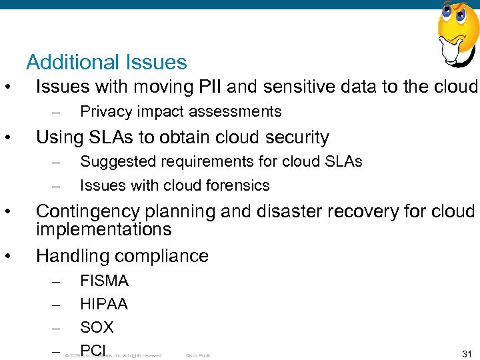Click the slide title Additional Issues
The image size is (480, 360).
[x=107, y=63]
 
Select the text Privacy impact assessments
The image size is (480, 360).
[x=181, y=111]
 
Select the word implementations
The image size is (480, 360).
[x=103, y=230]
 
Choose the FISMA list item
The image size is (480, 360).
[x=104, y=281]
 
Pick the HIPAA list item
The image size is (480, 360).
[x=104, y=305]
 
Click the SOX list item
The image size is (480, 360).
[x=97, y=327]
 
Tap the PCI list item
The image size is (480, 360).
[x=93, y=350]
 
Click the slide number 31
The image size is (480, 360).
[x=466, y=354]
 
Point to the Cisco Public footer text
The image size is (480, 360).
[x=198, y=356]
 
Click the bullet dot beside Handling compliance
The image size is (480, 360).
[x=7, y=256]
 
